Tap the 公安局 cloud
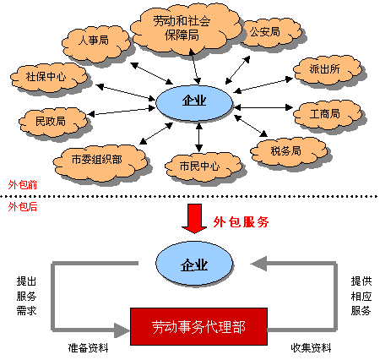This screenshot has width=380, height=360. pyautogui.click(x=264, y=32)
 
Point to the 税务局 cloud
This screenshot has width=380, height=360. pyautogui.click(x=285, y=150)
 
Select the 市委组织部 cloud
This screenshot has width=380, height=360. pyautogui.click(x=100, y=158)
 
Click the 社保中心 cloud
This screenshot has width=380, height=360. pyautogui.click(x=40, y=77)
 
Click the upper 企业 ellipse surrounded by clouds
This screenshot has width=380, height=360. pyautogui.click(x=195, y=102)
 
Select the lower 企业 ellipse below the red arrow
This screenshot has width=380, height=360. pyautogui.click(x=195, y=265)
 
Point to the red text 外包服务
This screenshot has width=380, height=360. pyautogui.click(x=241, y=222)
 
